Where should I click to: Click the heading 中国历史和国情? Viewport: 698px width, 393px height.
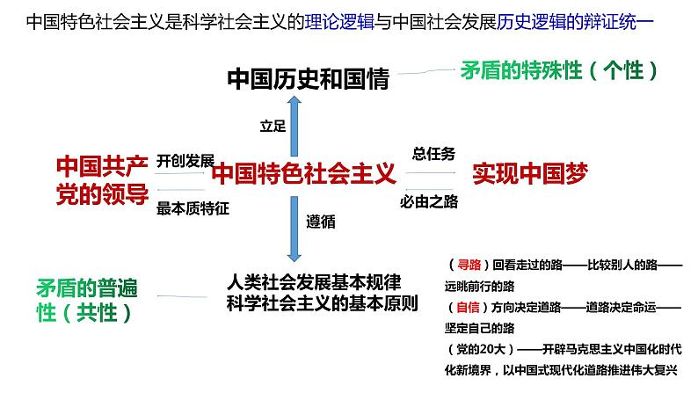pos(307,79)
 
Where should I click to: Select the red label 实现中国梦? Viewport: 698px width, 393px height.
pos(529,172)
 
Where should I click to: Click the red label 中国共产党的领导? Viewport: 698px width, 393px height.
pos(101,180)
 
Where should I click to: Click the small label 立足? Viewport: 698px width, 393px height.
pos(273,127)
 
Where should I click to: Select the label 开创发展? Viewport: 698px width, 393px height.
pos(185,161)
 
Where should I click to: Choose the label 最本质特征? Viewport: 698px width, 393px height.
pos(192,208)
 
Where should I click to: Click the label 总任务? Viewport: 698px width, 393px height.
pos(433,154)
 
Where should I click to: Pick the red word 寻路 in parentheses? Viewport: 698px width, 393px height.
pos(463,265)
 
